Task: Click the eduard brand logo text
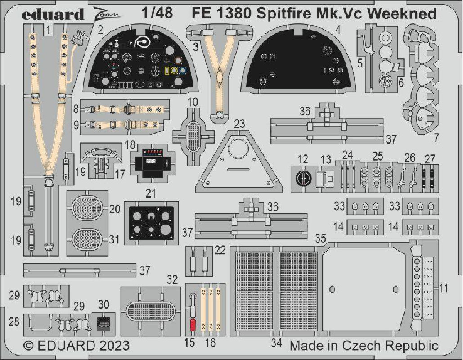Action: point(53,14)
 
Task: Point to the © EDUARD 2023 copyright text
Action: point(76,345)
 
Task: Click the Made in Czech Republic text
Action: point(364,345)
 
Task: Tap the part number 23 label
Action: point(239,124)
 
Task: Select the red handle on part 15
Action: point(193,325)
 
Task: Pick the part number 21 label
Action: point(151,193)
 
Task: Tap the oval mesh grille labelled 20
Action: point(87,208)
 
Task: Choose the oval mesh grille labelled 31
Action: point(87,239)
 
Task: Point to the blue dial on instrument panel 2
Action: point(183,71)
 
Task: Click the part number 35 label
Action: point(321,238)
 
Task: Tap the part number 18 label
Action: point(130,145)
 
